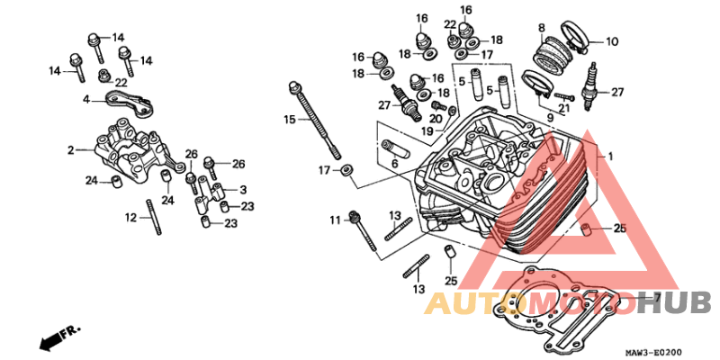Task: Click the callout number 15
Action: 290,120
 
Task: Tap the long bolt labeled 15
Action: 315,121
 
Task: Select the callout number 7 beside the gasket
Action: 657,299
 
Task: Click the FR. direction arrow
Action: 59,337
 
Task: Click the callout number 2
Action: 71,150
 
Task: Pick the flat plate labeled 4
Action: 130,103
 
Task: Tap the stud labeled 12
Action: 154,217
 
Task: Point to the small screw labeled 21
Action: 565,97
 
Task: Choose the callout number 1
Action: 610,157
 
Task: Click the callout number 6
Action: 394,163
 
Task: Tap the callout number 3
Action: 243,189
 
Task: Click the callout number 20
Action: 436,119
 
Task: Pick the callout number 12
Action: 130,217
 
